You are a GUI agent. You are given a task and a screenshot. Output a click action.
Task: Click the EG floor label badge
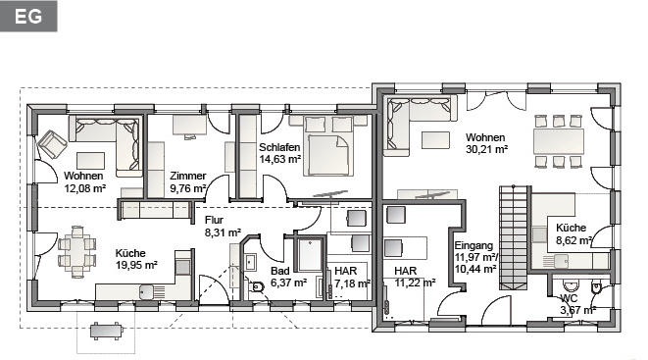coord(28,16)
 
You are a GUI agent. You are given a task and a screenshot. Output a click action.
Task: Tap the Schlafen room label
coord(279,147)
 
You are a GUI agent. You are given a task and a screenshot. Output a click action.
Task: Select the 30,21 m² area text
coord(486,149)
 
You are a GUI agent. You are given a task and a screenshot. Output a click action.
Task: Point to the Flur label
coord(214,220)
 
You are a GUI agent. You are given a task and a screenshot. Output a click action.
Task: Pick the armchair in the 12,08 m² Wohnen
coord(52,144)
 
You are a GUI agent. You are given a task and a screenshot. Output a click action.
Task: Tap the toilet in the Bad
coord(257,286)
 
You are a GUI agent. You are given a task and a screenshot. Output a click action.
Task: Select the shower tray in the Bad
coord(310,255)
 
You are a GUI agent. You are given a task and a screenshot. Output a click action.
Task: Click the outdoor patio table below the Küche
coord(107,332)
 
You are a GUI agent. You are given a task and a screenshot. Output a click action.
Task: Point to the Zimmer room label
coord(187,176)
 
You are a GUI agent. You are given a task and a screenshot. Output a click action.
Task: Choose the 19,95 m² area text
coord(136,265)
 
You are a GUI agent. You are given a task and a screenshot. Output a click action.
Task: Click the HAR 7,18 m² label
coord(352,278)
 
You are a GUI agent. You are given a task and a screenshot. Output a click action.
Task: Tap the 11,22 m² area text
coord(415,283)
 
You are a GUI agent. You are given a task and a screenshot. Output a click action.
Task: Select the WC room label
coord(569,298)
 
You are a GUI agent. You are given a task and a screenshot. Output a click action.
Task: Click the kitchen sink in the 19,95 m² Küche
coord(152,291)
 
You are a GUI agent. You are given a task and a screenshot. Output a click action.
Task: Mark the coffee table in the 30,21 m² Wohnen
coord(435,139)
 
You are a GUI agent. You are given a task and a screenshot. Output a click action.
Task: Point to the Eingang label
coord(474,245)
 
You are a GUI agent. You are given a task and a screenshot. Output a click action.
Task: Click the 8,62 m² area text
coord(574,240)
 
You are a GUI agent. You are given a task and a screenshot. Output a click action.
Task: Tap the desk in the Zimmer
coord(189,125)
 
